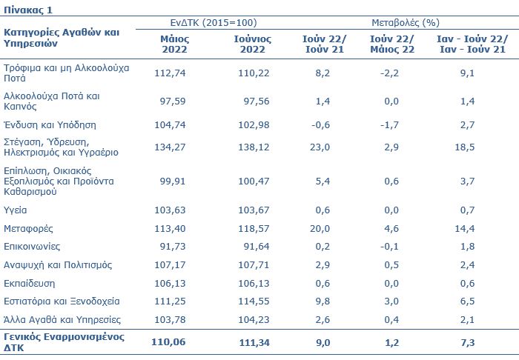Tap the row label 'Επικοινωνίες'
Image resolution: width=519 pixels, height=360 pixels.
tap(32, 247)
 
